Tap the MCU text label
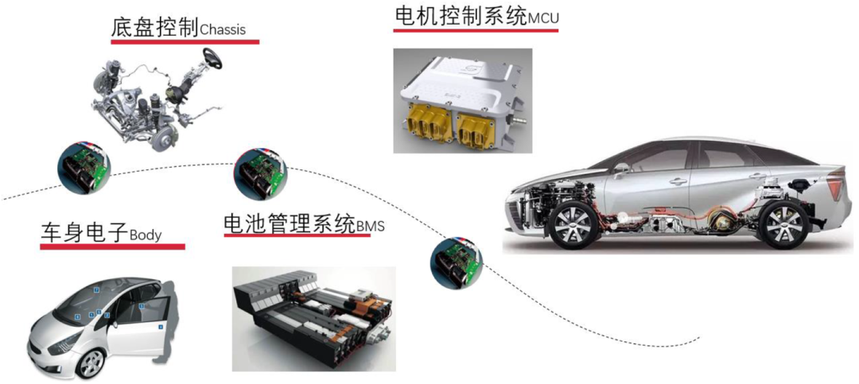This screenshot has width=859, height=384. (x=542, y=19)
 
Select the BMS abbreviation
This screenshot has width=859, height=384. (x=371, y=226)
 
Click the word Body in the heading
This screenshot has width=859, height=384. (x=146, y=235)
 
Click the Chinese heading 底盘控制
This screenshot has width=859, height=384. (x=155, y=27)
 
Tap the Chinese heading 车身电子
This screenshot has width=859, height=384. (x=84, y=234)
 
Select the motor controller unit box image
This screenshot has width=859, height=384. (x=462, y=101)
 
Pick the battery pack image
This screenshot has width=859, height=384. (x=314, y=319)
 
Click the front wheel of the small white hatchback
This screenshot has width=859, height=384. (x=90, y=363)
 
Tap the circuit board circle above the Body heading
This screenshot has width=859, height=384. (x=84, y=168)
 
